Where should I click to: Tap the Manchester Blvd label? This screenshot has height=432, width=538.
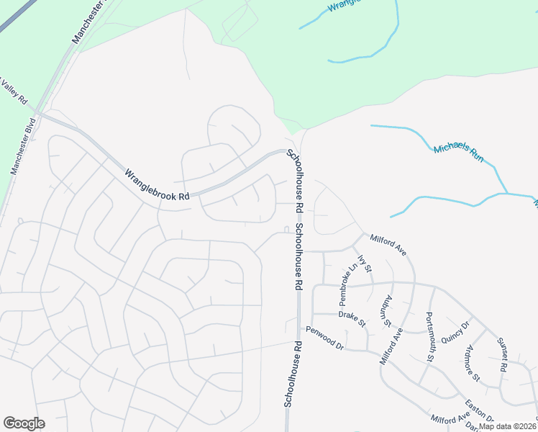pyautogui.click(x=23, y=146)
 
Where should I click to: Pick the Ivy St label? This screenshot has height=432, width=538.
pyautogui.click(x=366, y=264)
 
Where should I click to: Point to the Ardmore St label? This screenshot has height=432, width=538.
pyautogui.click(x=472, y=364)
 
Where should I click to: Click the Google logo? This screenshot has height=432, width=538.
pyautogui.click(x=24, y=423)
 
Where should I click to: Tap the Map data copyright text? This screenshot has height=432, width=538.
pyautogui.click(x=508, y=426)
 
